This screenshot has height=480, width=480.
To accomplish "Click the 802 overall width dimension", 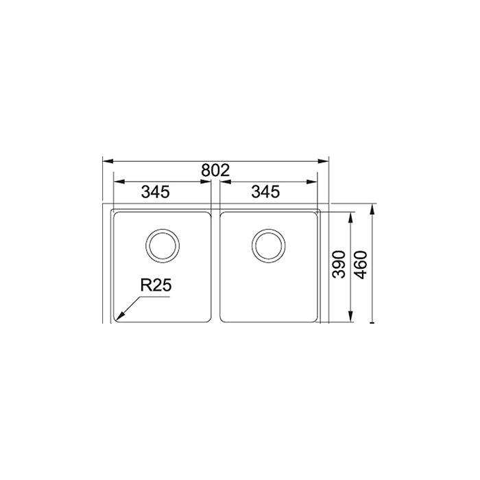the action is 215,171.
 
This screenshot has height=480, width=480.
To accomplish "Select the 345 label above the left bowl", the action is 155,192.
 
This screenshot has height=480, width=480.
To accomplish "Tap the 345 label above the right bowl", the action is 265,192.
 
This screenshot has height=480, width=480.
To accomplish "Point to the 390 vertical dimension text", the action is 339,265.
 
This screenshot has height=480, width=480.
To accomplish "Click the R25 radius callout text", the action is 156,286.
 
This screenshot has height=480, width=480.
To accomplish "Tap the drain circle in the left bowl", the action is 163,245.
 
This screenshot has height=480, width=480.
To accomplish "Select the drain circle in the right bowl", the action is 269,245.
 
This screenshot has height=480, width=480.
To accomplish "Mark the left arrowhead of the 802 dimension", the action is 108,161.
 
